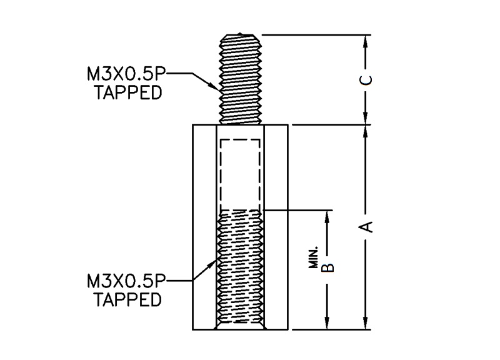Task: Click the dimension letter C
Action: (x=368, y=79)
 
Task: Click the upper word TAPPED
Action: (x=128, y=92)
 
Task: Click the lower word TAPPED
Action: (x=128, y=300)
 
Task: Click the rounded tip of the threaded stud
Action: (x=241, y=36)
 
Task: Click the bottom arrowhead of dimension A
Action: (x=366, y=323)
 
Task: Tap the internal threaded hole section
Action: (x=240, y=269)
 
